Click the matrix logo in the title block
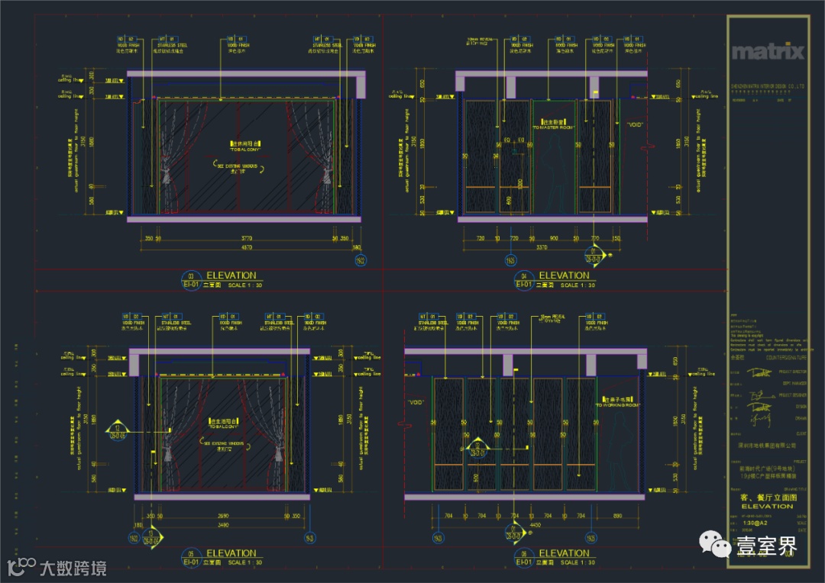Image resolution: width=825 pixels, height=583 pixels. (768, 52)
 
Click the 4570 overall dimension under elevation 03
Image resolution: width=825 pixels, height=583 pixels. (242, 247)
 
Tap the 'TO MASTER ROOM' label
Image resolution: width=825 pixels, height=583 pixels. (557, 126)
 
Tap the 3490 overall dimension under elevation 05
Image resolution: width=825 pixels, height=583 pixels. (222, 525)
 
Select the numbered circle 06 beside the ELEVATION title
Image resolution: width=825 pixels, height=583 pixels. (524, 554)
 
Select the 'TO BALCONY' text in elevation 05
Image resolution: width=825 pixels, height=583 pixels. (222, 425)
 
